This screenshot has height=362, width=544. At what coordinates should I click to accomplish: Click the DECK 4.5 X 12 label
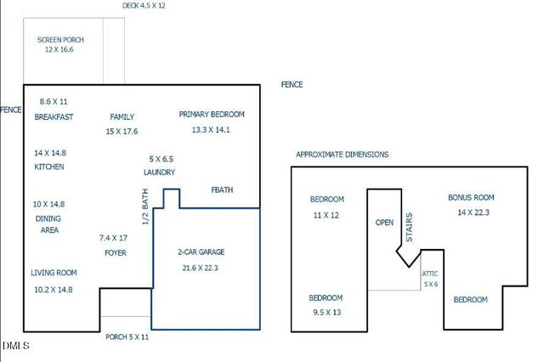144,5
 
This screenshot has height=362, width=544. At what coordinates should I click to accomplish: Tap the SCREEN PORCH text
59,40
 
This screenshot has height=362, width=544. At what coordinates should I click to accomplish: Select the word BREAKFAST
54,117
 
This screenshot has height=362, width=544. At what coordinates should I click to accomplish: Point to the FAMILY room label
122,117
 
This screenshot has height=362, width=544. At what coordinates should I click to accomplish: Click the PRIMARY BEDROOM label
212,114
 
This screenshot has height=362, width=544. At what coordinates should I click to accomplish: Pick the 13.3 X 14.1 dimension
212,130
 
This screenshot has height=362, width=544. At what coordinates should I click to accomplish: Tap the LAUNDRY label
160,173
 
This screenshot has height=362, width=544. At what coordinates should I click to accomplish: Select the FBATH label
222,190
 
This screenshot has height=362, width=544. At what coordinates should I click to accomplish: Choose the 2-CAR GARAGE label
201,252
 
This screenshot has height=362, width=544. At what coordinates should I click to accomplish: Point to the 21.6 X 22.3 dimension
201,268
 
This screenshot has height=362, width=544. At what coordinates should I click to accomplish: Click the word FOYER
116,253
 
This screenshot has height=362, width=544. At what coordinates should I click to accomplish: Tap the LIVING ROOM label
54,273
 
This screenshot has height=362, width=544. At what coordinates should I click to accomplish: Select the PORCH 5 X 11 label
127,337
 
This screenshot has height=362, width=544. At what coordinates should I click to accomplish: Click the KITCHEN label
49,167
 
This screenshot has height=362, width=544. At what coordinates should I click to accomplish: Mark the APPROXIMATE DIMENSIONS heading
342,155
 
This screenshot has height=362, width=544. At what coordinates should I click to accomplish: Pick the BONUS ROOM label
471,197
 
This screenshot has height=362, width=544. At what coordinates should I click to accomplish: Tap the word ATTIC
430,274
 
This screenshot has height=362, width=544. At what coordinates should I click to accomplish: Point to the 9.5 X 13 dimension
325,313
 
